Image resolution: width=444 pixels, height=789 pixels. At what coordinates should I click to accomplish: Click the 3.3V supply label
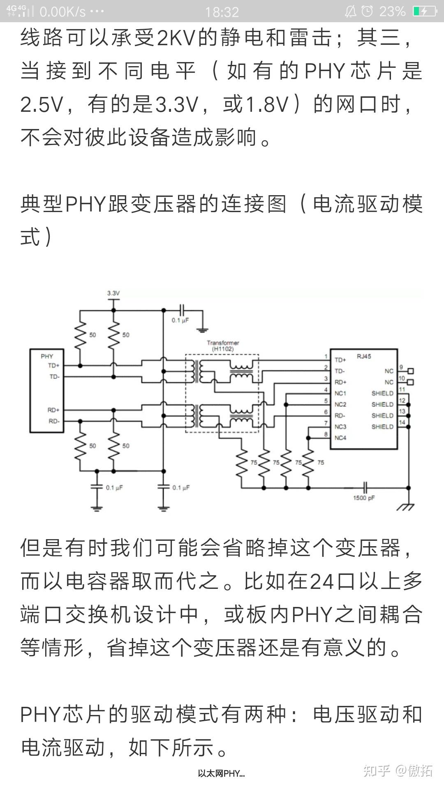click(x=113, y=293)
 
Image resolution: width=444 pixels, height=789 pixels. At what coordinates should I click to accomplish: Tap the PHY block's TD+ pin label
click(x=53, y=365)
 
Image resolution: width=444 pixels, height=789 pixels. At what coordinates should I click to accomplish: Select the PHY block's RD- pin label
click(x=54, y=421)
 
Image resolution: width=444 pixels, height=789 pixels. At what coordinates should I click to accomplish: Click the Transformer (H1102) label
click(x=223, y=346)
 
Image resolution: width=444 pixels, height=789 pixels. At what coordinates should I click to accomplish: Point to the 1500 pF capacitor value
click(x=364, y=498)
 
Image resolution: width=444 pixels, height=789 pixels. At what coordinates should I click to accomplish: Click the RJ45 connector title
click(x=364, y=356)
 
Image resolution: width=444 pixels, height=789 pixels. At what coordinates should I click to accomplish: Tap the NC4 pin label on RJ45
click(x=340, y=438)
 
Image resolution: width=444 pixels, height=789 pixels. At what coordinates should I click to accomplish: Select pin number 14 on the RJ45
click(x=402, y=422)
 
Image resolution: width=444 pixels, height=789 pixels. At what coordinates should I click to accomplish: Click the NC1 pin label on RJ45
click(x=340, y=393)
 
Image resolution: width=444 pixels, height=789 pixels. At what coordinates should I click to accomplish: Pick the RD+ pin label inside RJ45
click(x=340, y=382)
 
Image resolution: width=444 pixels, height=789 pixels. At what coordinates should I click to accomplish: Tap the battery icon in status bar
click(x=425, y=11)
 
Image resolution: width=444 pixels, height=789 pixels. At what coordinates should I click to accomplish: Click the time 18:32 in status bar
click(x=222, y=12)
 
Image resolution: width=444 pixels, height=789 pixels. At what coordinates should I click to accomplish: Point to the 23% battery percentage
click(x=392, y=12)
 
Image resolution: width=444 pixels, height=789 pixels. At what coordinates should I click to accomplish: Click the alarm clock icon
click(x=367, y=11)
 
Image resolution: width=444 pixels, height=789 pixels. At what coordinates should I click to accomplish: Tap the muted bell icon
click(x=351, y=12)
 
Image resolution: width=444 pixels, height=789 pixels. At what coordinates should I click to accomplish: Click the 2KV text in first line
click(x=176, y=38)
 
